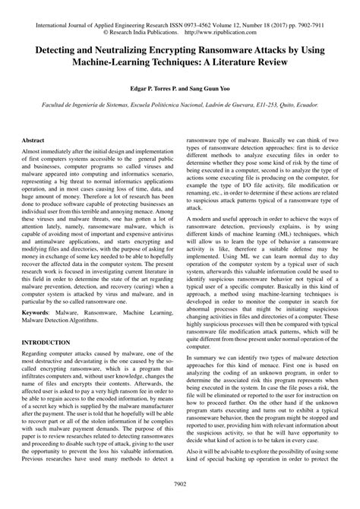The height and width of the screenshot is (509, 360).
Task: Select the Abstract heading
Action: coord(33,141)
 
